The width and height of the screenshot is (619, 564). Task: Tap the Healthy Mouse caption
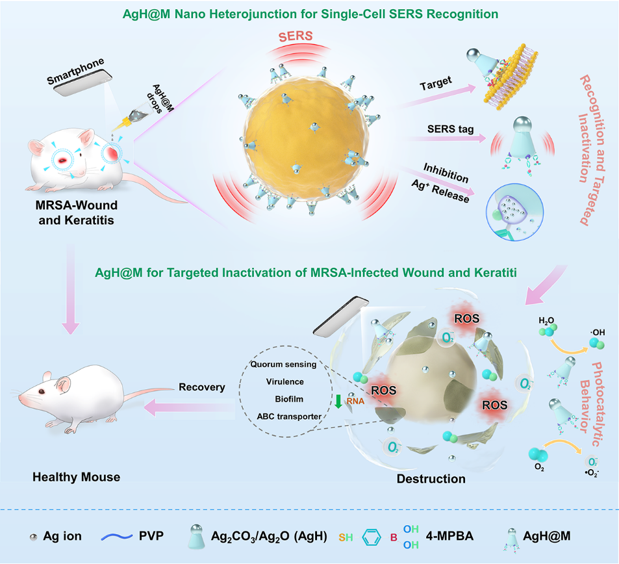pos(77,477)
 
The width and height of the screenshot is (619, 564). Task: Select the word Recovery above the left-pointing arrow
pos(203,387)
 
